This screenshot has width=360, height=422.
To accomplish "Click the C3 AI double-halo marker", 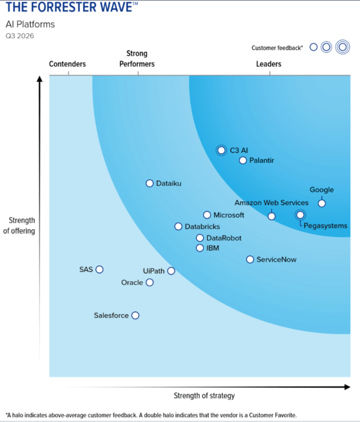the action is (x=221, y=150).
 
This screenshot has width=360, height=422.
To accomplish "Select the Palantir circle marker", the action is (x=242, y=160).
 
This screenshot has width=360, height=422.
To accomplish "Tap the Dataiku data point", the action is (x=149, y=183).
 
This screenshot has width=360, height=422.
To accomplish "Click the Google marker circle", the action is (x=322, y=203).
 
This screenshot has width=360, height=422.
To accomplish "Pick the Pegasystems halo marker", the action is (x=300, y=215).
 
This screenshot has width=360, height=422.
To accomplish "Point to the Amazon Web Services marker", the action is (x=272, y=216).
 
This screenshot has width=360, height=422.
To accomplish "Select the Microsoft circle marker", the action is (x=207, y=215).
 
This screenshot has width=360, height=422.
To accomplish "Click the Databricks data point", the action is (x=178, y=226).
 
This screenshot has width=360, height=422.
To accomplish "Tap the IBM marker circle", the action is (x=200, y=248).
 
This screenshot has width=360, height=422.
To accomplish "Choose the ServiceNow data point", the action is (x=250, y=259).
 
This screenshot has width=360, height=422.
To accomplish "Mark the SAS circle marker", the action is (x=100, y=270).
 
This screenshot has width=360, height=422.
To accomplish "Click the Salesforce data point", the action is (x=135, y=316).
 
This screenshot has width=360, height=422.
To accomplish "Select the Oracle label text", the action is (x=132, y=282).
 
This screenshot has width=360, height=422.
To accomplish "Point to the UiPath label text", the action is (x=154, y=271).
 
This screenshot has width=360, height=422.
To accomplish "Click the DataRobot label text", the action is (x=224, y=238).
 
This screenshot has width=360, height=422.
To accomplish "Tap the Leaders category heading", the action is (x=268, y=64).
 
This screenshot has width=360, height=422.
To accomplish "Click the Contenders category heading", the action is (x=67, y=64).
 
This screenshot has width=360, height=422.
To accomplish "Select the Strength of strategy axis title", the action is (x=204, y=396).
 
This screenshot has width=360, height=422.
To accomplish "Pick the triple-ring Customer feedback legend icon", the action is (x=343, y=47).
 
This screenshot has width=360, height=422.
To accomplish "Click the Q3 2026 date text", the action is (x=20, y=36).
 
